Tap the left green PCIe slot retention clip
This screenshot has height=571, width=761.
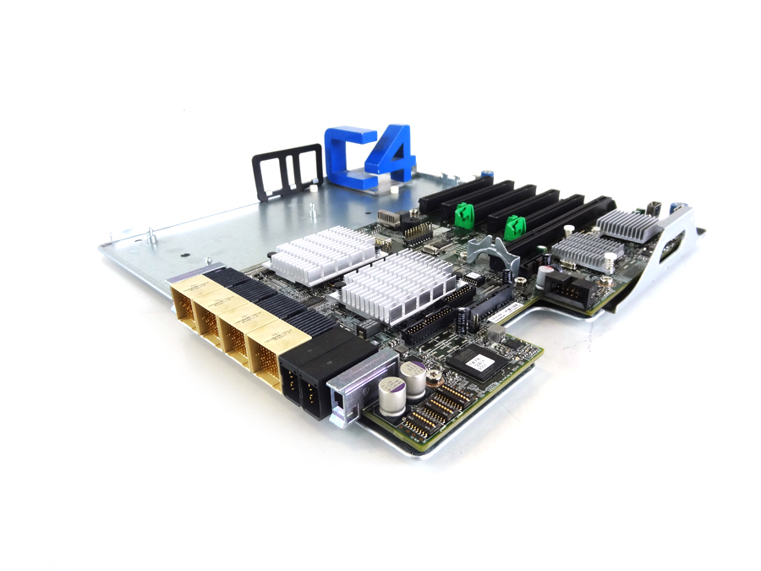(x=463, y=216)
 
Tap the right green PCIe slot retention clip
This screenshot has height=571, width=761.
(x=512, y=228)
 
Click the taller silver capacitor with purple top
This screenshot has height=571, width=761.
(x=413, y=379)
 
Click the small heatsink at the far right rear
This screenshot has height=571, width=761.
(x=629, y=225)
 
